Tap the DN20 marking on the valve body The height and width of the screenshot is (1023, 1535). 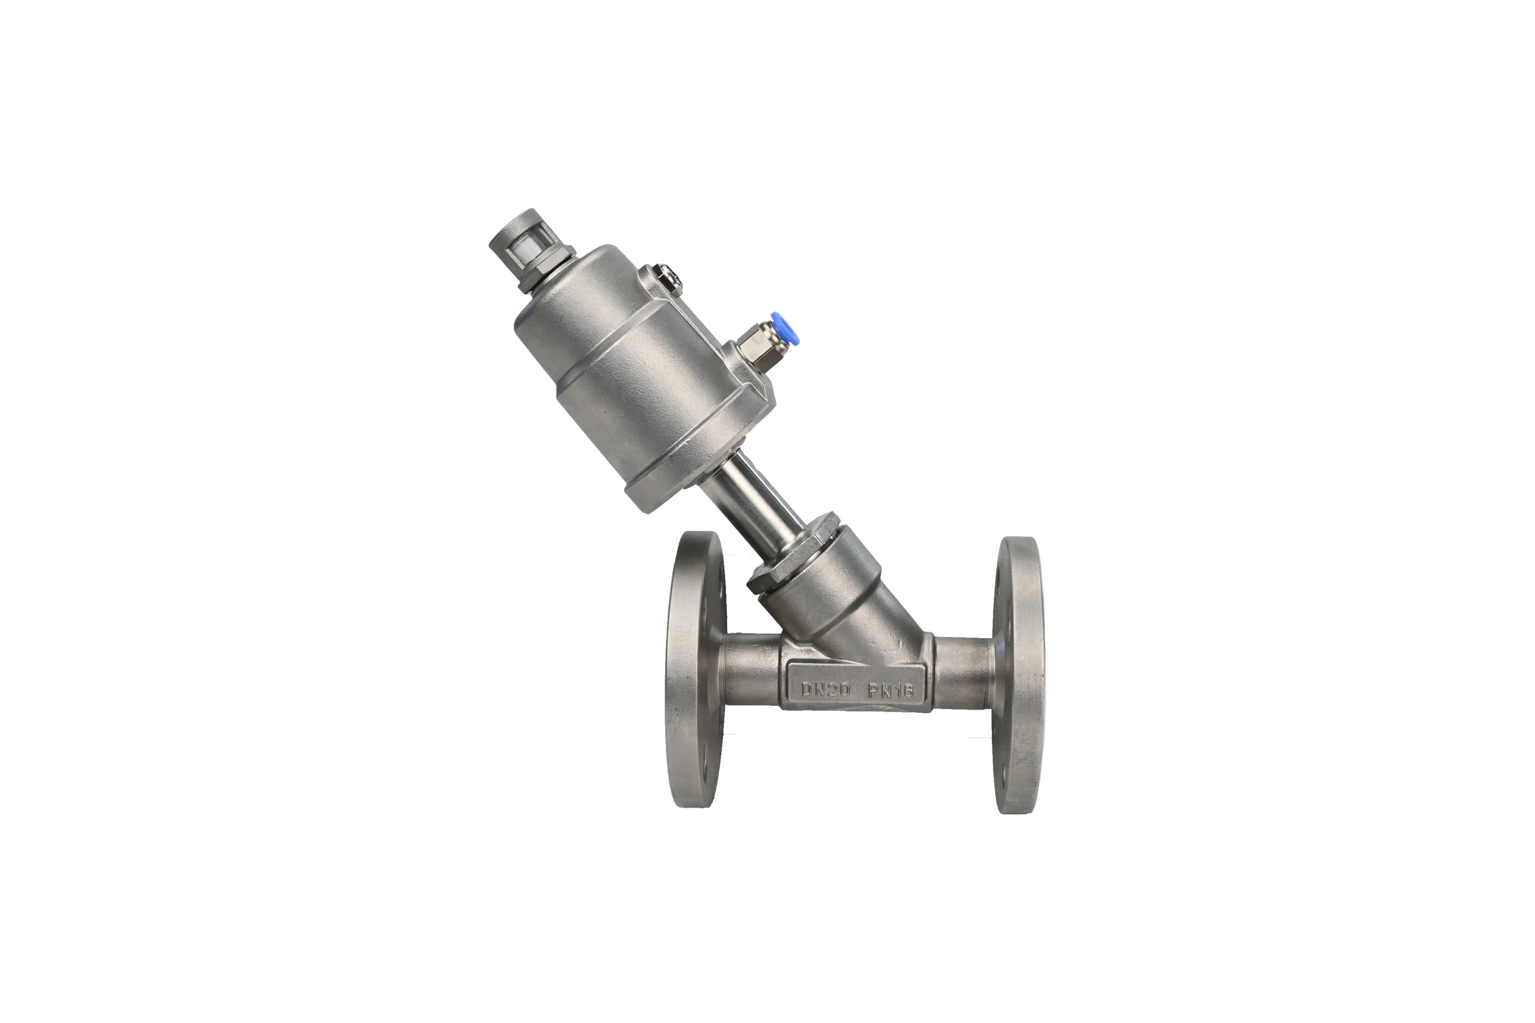click(x=826, y=690)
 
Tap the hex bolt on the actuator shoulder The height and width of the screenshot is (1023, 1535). click(x=666, y=280)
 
